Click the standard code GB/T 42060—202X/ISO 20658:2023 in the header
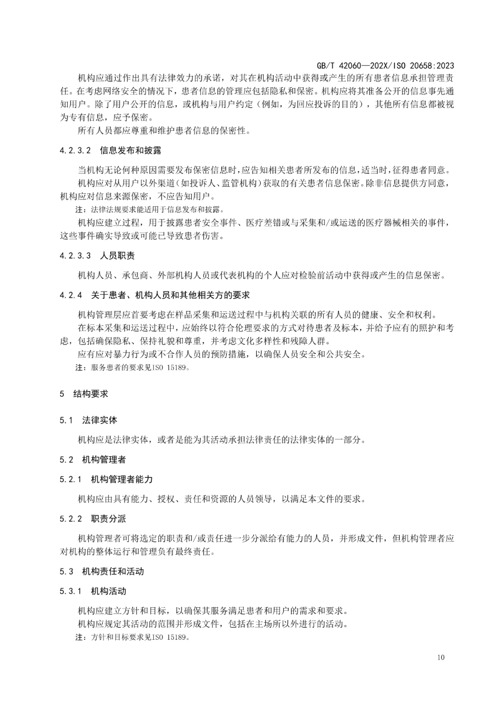(378, 66)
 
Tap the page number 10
(441, 657)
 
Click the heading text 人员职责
(118, 256)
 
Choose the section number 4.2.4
(72, 295)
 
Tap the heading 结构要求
(91, 394)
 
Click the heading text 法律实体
(99, 420)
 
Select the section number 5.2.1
(71, 479)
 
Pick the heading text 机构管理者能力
(122, 479)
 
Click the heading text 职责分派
(108, 519)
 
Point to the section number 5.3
(66, 571)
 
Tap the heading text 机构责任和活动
(113, 571)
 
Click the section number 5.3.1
(71, 591)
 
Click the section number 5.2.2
(71, 519)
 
